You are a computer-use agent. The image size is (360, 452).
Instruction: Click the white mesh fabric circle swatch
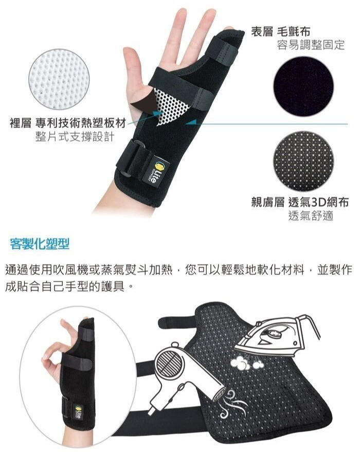tap(59, 79)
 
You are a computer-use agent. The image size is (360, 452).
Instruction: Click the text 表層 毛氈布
tap(280, 31)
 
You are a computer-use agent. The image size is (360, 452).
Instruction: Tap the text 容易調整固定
tap(311, 45)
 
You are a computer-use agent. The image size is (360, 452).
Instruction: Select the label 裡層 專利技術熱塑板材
tap(68, 124)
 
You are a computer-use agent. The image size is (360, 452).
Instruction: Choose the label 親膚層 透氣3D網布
tap(300, 202)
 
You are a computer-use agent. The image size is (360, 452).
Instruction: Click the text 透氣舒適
tap(311, 215)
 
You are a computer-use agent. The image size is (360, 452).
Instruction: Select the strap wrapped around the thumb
tap(221, 52)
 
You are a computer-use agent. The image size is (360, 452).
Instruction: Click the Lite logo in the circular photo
tap(78, 412)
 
